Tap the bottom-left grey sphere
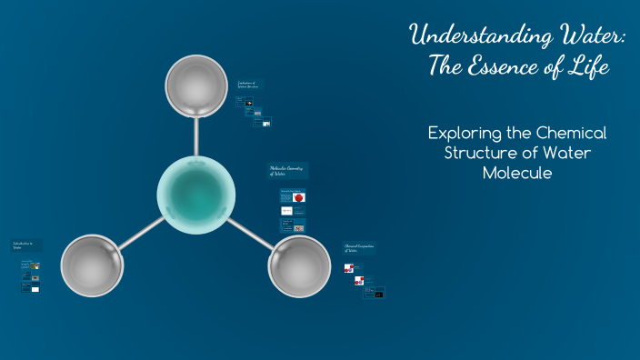click(x=92, y=265)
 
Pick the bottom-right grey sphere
click(x=299, y=266)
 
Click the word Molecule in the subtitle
click(x=517, y=173)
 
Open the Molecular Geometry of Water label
click(x=287, y=171)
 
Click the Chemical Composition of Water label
click(x=359, y=248)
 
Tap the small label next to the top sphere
click(x=247, y=86)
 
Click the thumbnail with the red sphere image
click(x=299, y=196)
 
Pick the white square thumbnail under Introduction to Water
click(x=35, y=289)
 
